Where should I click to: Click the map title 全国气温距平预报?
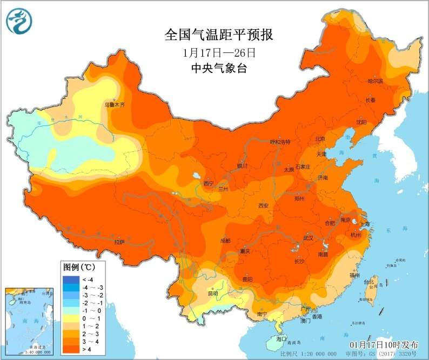[x=219, y=36]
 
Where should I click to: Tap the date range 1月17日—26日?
[x=219, y=53]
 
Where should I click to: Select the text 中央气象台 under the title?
[x=219, y=68]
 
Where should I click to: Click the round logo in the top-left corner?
[x=19, y=21]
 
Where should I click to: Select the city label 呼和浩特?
[x=280, y=142]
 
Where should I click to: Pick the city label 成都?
[x=225, y=241]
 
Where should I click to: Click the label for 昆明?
[x=213, y=294]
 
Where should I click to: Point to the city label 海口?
[x=280, y=339]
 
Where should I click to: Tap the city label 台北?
[x=368, y=282]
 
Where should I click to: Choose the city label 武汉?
[x=309, y=238]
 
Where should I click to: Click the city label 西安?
[x=263, y=205]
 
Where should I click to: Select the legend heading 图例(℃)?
[x=79, y=268]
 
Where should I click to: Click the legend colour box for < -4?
[x=71, y=279]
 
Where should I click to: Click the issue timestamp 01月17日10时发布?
[x=384, y=344]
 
